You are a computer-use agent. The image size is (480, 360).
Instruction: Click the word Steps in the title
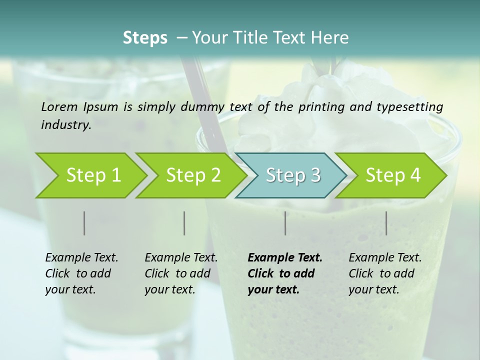[145, 38]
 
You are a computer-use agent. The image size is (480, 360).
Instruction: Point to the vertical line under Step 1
[84, 223]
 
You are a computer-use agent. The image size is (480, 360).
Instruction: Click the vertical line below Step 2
[184, 223]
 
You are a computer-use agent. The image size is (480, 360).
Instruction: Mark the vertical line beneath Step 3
[285, 223]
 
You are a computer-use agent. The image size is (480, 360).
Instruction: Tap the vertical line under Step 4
[386, 223]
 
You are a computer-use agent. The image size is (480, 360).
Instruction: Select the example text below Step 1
[81, 273]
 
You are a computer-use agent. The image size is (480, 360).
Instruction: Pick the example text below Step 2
[181, 273]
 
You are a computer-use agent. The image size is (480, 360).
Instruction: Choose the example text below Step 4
[385, 273]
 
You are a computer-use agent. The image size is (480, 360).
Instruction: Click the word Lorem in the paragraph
[59, 107]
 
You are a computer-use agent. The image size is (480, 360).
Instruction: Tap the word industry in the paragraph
[66, 124]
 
